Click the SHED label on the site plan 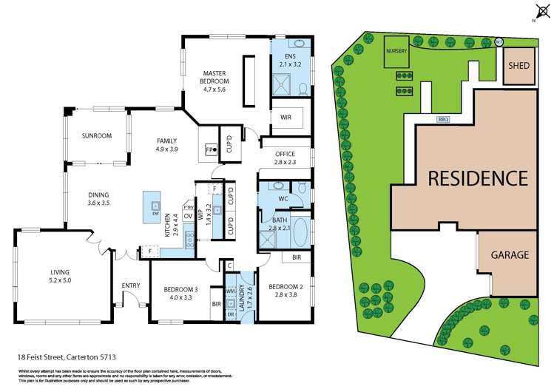click(517, 66)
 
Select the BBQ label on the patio click(444, 119)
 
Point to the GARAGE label click(510, 255)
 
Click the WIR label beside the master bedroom click(286, 117)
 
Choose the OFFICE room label click(286, 154)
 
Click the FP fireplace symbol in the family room click(210, 149)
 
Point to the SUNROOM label click(97, 135)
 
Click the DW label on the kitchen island click(156, 214)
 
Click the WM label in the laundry click(229, 292)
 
